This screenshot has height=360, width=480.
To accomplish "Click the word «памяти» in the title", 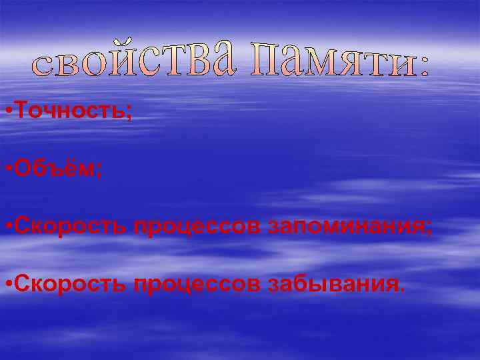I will [329, 59].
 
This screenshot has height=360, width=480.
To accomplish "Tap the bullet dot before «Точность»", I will [6, 111].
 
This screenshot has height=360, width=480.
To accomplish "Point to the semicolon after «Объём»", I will [99, 172].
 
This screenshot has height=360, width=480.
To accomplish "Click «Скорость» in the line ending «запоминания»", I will [71, 227].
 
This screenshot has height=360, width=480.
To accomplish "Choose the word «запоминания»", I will [346, 227].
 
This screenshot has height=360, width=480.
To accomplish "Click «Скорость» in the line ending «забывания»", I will [71, 285].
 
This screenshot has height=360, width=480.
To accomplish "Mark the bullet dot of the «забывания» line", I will [6, 286].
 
